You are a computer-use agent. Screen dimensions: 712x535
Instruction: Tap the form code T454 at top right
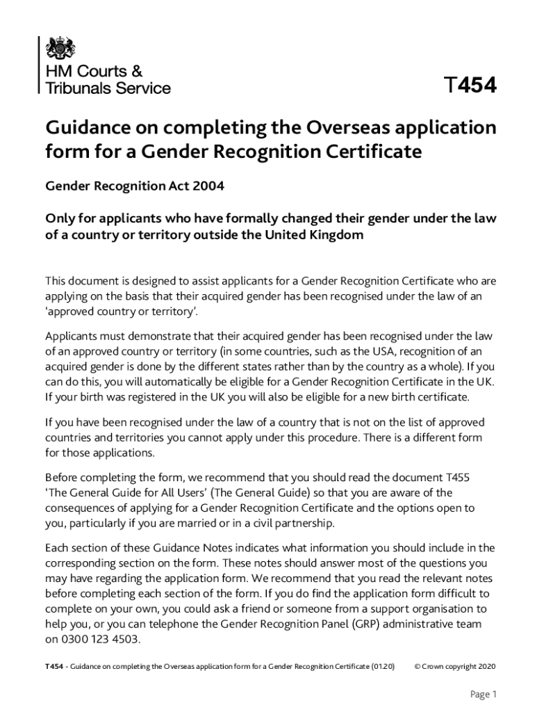(470, 86)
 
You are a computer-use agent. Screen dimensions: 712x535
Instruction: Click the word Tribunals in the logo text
(74, 88)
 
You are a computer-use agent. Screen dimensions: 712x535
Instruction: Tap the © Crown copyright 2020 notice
(454, 666)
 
